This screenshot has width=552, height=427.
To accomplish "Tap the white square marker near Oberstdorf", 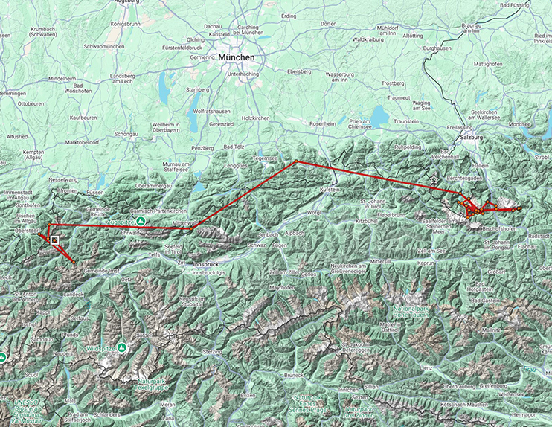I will (55, 240).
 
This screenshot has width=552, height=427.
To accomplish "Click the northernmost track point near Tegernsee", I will (295, 161).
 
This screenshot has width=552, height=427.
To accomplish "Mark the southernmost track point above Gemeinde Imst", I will (75, 263).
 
